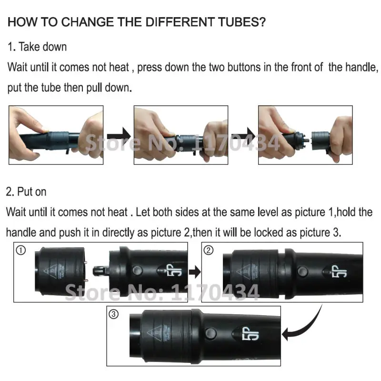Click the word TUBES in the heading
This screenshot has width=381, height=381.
point(242,22)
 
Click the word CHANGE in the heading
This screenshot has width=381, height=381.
point(87,22)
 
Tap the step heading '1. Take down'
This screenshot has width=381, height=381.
point(37,47)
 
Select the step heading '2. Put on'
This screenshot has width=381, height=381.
point(26,192)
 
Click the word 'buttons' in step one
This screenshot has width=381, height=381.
point(244,67)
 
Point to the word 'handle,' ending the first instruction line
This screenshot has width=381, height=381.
point(353,67)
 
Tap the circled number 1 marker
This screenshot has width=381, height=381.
point(21,251)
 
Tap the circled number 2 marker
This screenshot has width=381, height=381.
point(209,250)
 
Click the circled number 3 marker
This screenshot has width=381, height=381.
point(113,314)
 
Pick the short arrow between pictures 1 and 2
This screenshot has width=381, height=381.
point(195,272)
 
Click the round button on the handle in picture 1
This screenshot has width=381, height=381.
point(137,271)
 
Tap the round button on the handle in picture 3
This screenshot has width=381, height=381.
point(211,333)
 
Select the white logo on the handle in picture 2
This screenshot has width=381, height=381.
point(339,271)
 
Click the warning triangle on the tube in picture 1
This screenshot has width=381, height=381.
point(50,271)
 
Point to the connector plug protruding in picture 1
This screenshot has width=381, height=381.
point(101,271)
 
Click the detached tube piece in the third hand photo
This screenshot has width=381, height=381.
point(320,141)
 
